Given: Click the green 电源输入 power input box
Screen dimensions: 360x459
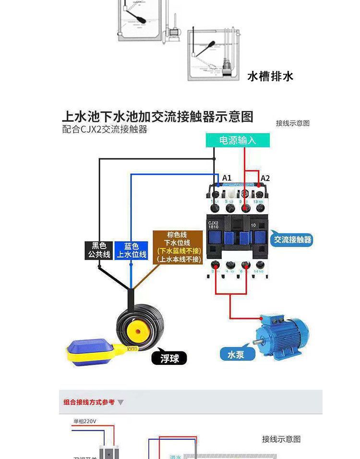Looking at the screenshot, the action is pyautogui.click(x=238, y=140).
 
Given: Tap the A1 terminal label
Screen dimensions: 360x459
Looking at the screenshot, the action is pyautogui.click(x=227, y=178).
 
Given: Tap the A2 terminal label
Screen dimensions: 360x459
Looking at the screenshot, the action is pyautogui.click(x=265, y=178).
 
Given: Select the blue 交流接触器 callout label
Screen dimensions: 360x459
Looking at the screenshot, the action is pyautogui.click(x=292, y=239).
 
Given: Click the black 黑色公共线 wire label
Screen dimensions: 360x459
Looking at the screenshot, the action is pyautogui.click(x=99, y=250).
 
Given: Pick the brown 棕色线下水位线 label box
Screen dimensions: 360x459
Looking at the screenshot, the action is pyautogui.click(x=179, y=247).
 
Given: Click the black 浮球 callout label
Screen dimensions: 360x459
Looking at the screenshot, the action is pyautogui.click(x=169, y=358).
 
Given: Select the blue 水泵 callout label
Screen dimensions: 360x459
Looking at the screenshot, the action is pyautogui.click(x=236, y=355).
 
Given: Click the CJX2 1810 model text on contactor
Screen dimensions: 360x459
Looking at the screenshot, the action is pyautogui.click(x=213, y=225).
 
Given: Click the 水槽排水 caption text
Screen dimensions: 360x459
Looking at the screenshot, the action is pyautogui.click(x=270, y=76).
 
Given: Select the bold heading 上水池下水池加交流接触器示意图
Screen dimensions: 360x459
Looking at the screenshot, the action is pyautogui.click(x=157, y=117).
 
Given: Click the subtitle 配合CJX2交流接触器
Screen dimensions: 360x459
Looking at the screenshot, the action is pyautogui.click(x=105, y=130).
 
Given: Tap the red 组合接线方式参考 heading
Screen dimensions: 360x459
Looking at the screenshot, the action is pyautogui.click(x=89, y=402).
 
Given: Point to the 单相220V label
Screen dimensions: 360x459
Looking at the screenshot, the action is pyautogui.click(x=85, y=422).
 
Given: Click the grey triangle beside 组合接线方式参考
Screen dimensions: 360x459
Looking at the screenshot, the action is pyautogui.click(x=120, y=402).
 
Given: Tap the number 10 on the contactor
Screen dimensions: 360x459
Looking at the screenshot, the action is pyautogui.click(x=253, y=225).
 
